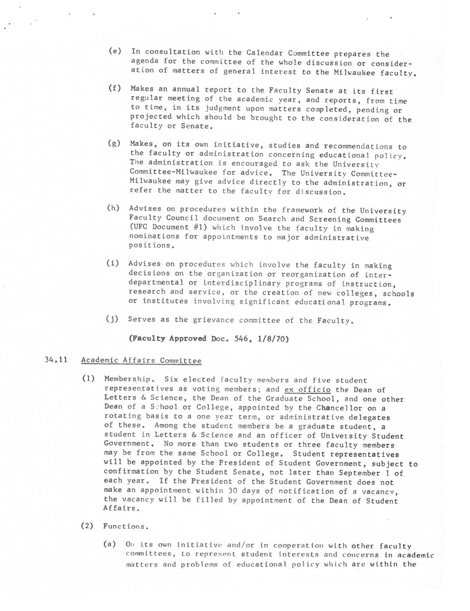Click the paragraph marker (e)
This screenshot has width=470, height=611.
click(115, 51)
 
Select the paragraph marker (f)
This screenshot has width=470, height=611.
click(115, 88)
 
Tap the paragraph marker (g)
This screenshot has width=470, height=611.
click(114, 143)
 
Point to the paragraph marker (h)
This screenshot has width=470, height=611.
click(113, 208)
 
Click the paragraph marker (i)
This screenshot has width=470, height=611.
click(113, 263)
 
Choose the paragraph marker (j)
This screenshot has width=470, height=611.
click(112, 318)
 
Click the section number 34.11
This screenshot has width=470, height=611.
click(56, 360)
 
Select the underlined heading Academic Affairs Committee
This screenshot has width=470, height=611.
click(141, 360)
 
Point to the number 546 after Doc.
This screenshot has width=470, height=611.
click(241, 339)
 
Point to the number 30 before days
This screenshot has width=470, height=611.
click(233, 491)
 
